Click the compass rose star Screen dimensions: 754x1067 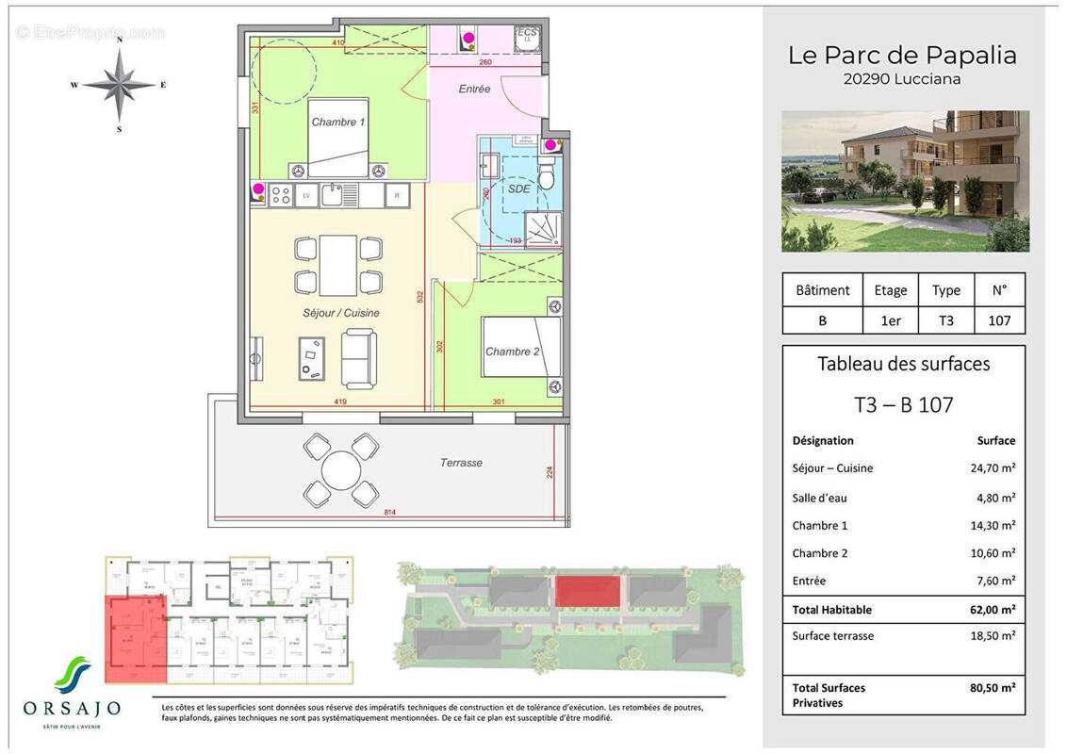[x=119, y=84]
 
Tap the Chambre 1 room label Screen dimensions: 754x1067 [x=337, y=122]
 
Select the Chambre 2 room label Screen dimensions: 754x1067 [x=512, y=352]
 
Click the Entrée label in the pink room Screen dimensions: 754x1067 [x=475, y=90]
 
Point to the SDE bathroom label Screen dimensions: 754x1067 [x=518, y=188]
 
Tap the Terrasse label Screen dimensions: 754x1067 [x=461, y=463]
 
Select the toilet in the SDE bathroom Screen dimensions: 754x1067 [x=546, y=176]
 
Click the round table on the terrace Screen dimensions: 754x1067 [x=341, y=468]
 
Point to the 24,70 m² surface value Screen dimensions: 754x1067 [x=994, y=467]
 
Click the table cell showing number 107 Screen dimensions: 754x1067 [x=999, y=320]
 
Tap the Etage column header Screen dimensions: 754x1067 [x=890, y=290]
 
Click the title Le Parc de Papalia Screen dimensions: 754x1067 [x=902, y=55]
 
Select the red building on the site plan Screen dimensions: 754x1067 [x=588, y=591]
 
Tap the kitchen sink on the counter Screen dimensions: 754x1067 [x=331, y=195]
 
